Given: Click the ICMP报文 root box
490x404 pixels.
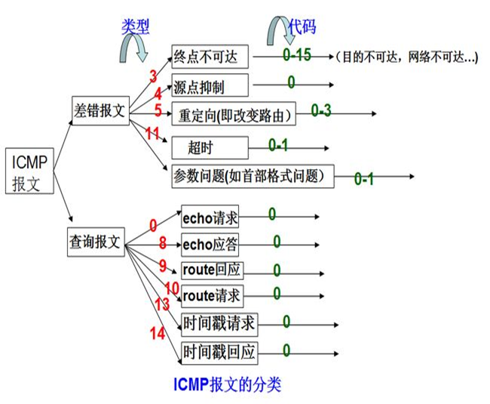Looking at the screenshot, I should coord(30,172).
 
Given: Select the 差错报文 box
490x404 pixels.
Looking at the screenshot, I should coord(100,106).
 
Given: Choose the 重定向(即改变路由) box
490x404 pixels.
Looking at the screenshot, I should coord(232,115).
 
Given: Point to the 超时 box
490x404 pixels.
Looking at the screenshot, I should coord(198,146).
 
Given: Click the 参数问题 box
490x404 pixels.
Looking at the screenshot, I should coord(252,176).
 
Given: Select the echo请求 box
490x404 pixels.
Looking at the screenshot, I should coord(210,218).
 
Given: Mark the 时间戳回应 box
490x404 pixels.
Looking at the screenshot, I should coord(219,352).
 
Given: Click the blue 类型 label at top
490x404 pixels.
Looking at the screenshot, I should coord(136,26).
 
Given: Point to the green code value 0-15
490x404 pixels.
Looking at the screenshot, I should coord(297,55).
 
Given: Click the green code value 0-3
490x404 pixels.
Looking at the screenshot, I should coord(320,111).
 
